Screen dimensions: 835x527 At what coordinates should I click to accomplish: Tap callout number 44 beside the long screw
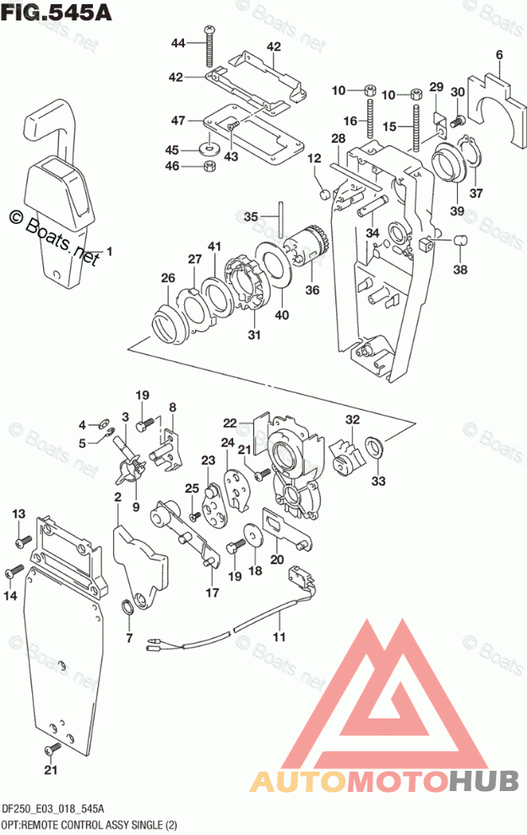178,43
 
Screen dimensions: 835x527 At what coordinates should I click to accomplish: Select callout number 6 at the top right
499,56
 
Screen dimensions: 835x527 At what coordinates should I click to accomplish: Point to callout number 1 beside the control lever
109,251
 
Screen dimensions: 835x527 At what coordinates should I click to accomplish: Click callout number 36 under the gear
312,290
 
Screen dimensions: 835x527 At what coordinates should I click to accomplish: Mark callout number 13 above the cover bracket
19,514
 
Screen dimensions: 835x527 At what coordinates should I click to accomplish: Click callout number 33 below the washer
376,481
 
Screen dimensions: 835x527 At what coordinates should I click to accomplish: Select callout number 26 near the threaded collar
168,277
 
